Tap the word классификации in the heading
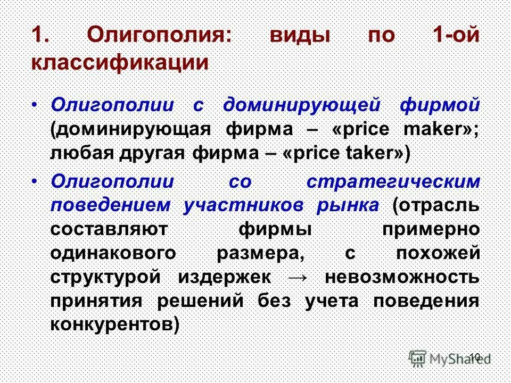coord(119,62)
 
